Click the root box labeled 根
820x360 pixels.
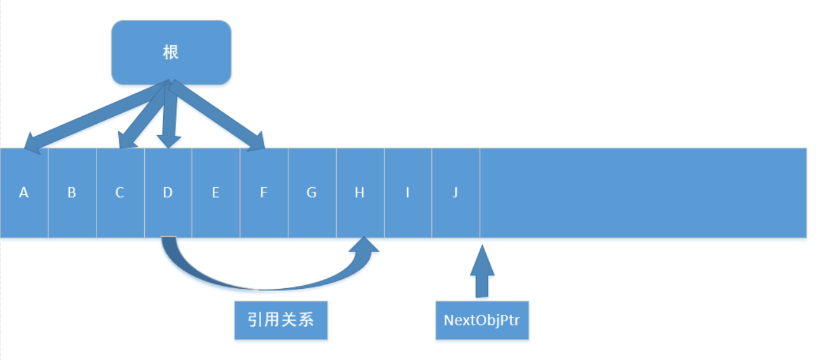point(171,52)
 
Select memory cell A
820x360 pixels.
point(24,192)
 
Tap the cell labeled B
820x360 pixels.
point(72,192)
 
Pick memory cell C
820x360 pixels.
point(120,192)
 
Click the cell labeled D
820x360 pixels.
point(168,192)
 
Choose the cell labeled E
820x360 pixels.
point(215,192)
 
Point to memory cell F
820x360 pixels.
point(264,192)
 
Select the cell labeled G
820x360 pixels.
point(311,192)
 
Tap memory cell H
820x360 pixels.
point(360,192)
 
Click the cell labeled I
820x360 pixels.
point(407,192)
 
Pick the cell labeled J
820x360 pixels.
point(455,192)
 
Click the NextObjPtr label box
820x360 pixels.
point(481,320)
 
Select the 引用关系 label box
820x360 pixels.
point(281,320)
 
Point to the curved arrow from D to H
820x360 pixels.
point(254,286)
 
